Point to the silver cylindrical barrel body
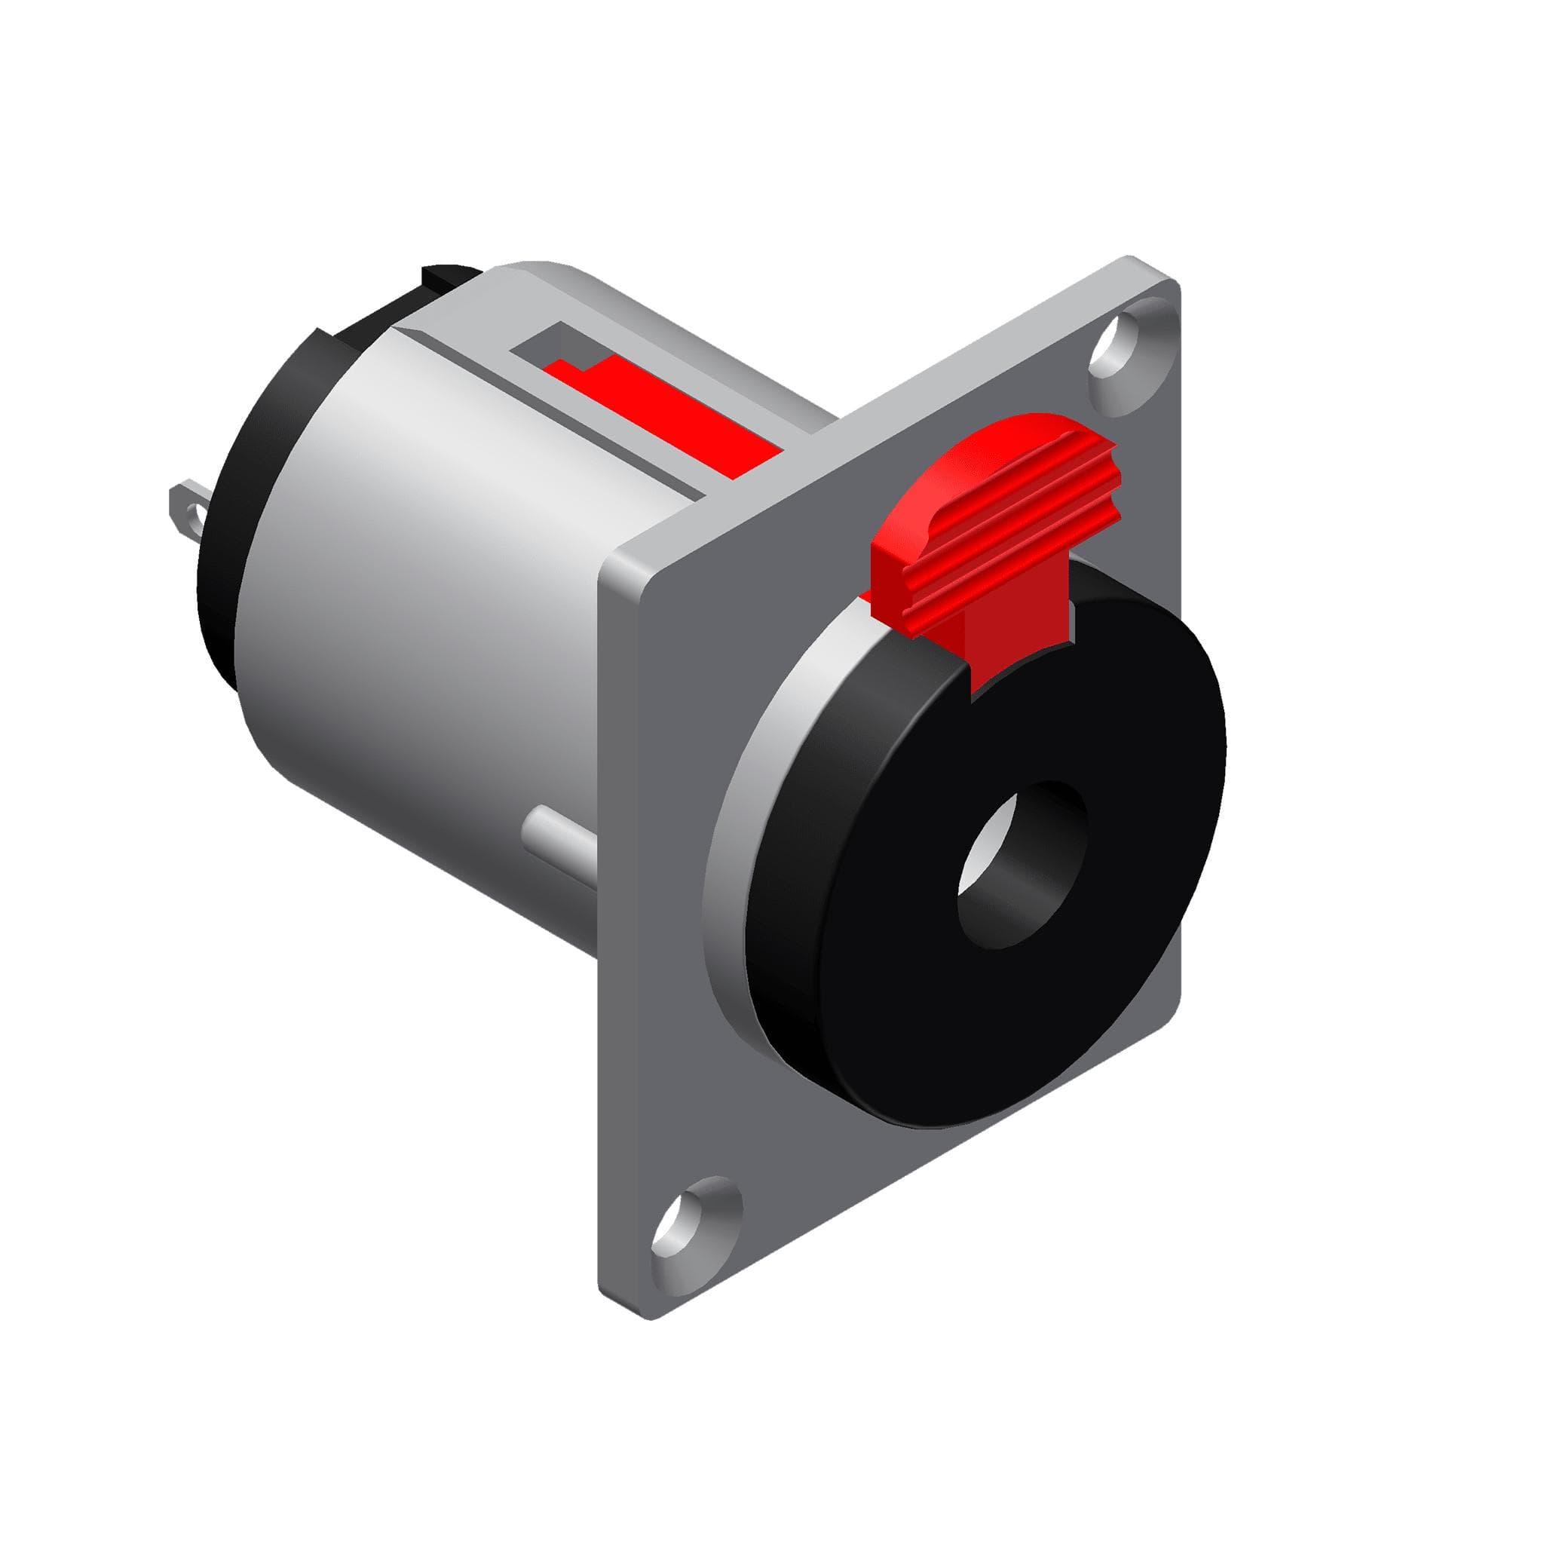tap(424, 575)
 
